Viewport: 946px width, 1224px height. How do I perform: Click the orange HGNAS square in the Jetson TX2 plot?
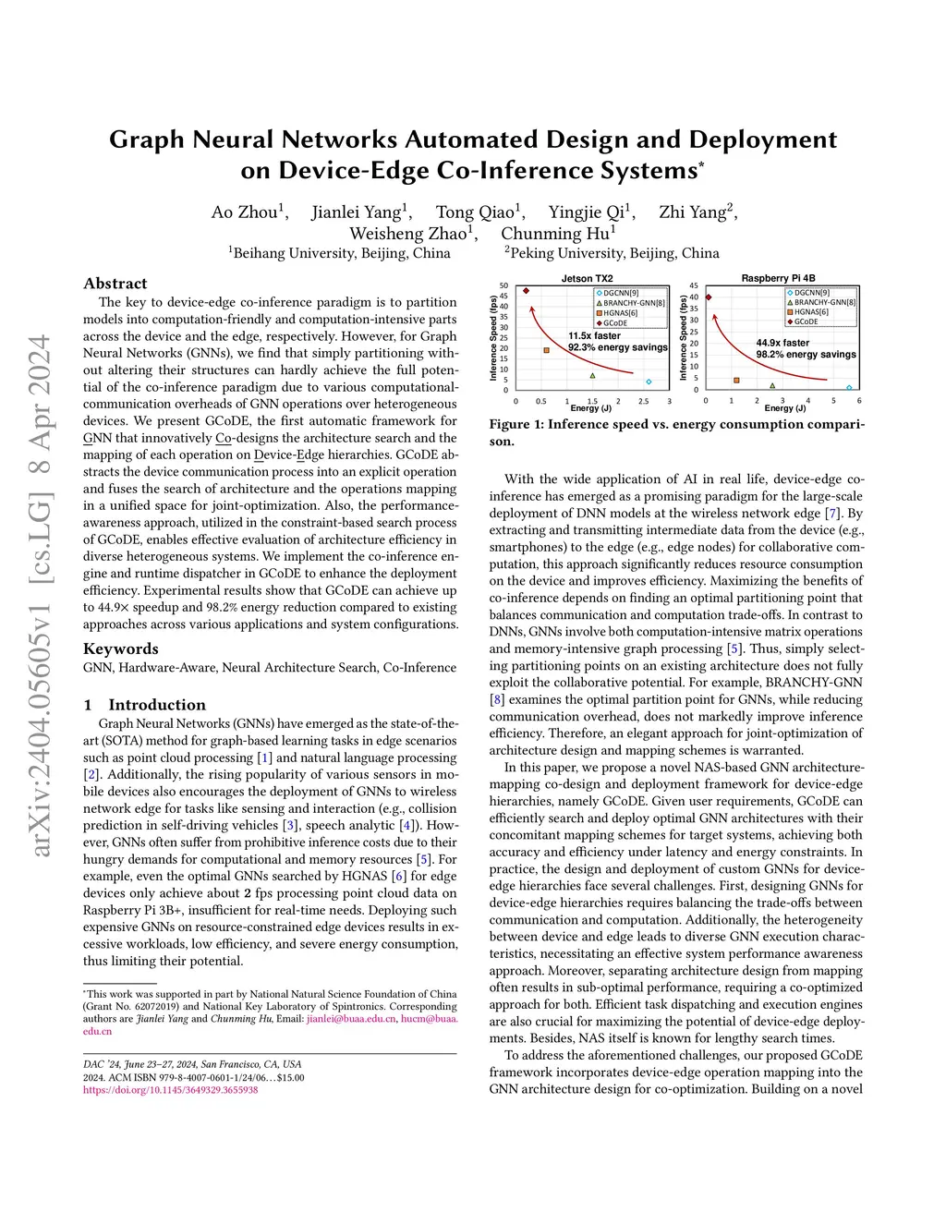pos(547,350)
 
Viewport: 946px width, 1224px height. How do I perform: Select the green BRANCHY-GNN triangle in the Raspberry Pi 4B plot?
pos(772,385)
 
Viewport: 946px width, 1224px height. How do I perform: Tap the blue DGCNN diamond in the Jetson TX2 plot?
pos(649,382)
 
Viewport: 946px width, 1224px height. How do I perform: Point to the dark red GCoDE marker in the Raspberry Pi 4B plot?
pos(709,297)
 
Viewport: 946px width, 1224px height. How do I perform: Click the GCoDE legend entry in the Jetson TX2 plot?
pos(615,323)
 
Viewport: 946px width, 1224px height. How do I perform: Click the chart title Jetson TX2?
pos(587,278)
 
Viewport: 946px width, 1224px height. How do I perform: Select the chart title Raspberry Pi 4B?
pos(778,278)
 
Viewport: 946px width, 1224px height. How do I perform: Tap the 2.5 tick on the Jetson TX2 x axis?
pos(644,402)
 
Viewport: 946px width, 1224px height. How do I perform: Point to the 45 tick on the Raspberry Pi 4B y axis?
pos(694,297)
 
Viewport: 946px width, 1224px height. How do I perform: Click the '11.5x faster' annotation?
pos(594,336)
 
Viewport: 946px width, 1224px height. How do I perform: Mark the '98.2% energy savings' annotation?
pos(806,354)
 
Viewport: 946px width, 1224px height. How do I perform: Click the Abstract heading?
pos(115,284)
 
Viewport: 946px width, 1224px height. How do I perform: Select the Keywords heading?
pos(121,648)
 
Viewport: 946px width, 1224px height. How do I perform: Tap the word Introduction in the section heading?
pos(157,705)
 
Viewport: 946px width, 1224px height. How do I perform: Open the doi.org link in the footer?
pos(171,1090)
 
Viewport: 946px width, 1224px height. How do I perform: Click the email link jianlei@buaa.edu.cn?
pos(351,1019)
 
